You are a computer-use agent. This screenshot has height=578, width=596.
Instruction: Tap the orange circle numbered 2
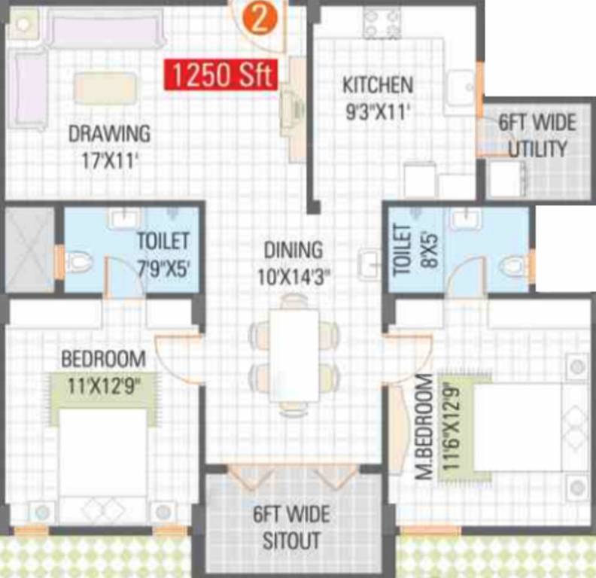click(x=259, y=19)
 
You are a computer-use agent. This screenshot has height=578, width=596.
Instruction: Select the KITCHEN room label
click(x=377, y=84)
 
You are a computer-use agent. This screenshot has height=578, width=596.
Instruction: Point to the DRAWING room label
click(x=109, y=134)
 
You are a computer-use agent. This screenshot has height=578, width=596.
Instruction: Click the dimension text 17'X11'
click(x=109, y=160)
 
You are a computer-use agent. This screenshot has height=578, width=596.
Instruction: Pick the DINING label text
click(x=293, y=249)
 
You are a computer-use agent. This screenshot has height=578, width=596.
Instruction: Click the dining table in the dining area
click(x=293, y=354)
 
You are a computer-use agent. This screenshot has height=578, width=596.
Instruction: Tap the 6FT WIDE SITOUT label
click(x=290, y=528)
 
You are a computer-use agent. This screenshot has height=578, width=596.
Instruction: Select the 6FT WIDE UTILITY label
click(x=537, y=135)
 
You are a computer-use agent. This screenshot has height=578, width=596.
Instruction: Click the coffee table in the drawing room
click(x=105, y=88)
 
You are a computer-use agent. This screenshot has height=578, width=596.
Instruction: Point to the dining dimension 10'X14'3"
click(x=293, y=275)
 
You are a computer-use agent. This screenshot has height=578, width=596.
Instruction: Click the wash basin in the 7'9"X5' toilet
click(x=121, y=218)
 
